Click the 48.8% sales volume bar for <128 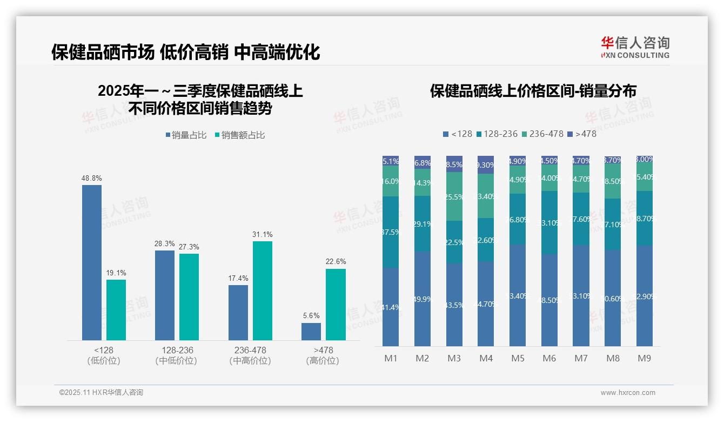point(92,262)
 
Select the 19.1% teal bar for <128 point(116,309)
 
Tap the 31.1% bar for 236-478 point(263,291)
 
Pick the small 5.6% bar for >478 point(311,332)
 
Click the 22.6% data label point(336,261)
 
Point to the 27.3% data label point(189,247)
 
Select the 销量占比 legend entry point(186,135)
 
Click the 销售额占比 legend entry point(240,135)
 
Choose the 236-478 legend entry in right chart point(542,134)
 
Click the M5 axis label point(517,358)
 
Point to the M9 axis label point(644,358)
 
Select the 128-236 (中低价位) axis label point(177,355)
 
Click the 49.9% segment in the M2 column point(423,299)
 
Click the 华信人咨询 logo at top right point(635,47)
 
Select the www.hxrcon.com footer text point(628,393)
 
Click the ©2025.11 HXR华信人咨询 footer point(101,393)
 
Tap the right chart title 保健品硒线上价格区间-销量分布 point(533,90)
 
